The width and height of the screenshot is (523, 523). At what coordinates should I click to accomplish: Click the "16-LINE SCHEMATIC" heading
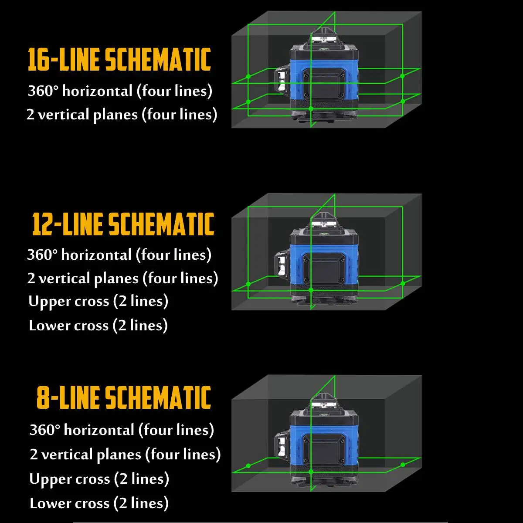(119, 59)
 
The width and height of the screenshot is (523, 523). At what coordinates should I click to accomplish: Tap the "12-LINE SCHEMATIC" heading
(123, 224)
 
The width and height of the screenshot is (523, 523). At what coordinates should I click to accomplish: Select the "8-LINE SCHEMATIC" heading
(124, 397)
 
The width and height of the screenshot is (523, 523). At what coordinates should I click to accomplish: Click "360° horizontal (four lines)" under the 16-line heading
(120, 91)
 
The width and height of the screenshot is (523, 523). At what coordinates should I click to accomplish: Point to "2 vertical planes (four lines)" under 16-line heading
(122, 115)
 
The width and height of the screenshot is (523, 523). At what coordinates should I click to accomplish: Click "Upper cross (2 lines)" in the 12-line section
(98, 302)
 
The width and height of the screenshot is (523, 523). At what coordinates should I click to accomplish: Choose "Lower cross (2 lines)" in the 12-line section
(98, 326)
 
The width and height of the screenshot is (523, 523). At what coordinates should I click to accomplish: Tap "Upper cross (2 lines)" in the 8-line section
(99, 479)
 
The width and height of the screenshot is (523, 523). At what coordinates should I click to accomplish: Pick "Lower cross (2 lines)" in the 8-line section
(99, 503)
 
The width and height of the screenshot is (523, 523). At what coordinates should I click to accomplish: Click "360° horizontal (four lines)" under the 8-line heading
(122, 430)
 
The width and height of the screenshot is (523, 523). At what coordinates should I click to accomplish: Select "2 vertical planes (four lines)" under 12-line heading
(122, 278)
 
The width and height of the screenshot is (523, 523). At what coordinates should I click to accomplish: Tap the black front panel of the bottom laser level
(324, 449)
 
